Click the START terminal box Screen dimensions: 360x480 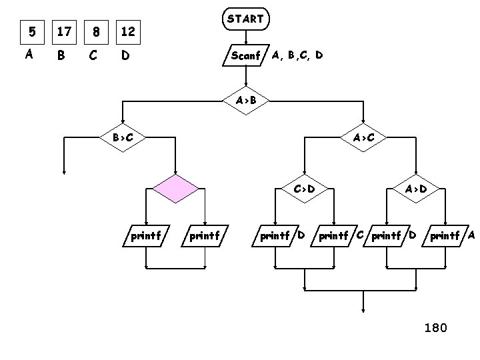pyautogui.click(x=245, y=20)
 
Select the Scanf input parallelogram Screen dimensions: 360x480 pyautogui.click(x=245, y=56)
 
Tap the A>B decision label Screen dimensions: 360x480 pyautogui.click(x=245, y=101)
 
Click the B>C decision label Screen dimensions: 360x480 pyautogui.click(x=122, y=138)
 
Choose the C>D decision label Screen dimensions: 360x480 pyautogui.click(x=304, y=189)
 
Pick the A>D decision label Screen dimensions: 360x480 pyautogui.click(x=417, y=189)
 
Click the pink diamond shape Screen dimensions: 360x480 pyautogui.click(x=175, y=189)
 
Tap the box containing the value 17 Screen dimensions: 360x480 pyautogui.click(x=63, y=31)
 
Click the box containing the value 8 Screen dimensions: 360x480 pyautogui.click(x=97, y=31)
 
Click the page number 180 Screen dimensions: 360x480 pyautogui.click(x=436, y=327)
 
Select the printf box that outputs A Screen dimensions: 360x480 pyautogui.click(x=448, y=235)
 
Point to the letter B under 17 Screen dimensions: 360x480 pyautogui.click(x=61, y=56)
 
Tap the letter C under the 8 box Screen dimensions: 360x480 pyautogui.click(x=93, y=56)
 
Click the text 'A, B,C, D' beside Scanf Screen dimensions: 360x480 pyautogui.click(x=297, y=55)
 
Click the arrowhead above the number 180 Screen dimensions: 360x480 pyautogui.click(x=363, y=309)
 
